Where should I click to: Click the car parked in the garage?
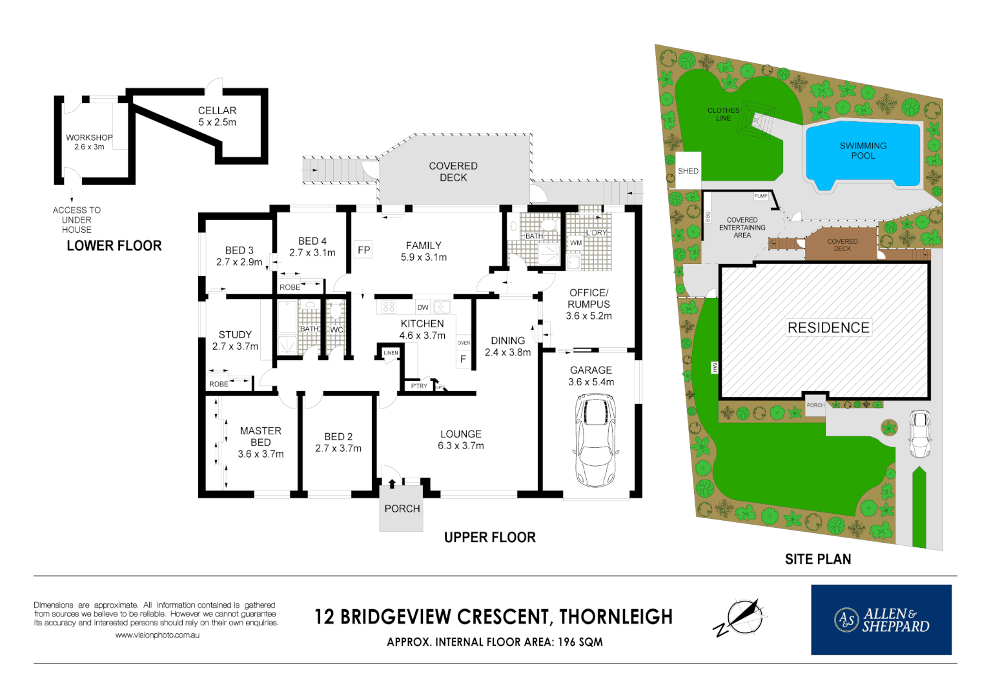(x=595, y=441)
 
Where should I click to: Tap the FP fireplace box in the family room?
(x=364, y=250)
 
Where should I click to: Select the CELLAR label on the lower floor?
(x=217, y=110)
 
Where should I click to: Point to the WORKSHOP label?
(x=89, y=137)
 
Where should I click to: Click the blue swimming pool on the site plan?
(x=863, y=154)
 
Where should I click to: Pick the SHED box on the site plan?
(x=688, y=171)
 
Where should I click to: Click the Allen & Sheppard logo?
(x=881, y=620)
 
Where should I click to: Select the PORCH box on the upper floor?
(x=402, y=509)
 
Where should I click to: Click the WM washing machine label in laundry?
(x=576, y=243)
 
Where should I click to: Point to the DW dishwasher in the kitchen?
(x=423, y=307)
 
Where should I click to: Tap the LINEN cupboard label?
(x=391, y=353)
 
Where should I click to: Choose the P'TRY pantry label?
(x=419, y=386)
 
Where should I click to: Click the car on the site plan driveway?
(x=919, y=434)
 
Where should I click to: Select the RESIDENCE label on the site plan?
(x=828, y=328)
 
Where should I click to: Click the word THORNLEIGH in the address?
(x=616, y=617)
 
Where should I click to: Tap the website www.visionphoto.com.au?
(x=157, y=635)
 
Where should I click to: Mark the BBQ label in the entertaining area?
(x=708, y=217)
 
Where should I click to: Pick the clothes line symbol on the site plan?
(x=756, y=119)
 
